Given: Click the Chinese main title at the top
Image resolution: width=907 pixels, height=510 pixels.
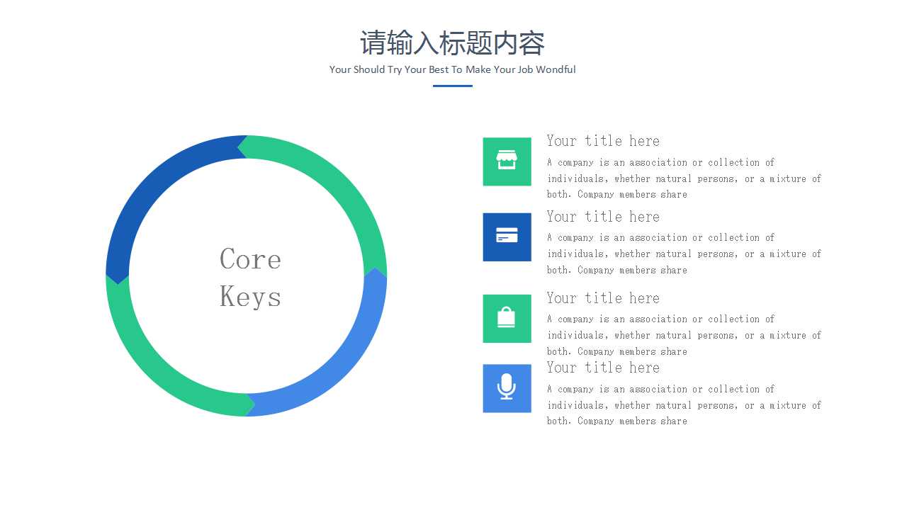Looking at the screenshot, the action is coord(452,43).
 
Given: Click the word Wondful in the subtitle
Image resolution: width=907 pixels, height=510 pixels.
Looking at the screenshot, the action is coord(556,69).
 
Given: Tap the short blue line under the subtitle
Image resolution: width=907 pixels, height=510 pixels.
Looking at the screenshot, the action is coord(452,86).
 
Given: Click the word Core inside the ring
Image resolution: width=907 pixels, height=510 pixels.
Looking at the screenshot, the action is coord(250,259).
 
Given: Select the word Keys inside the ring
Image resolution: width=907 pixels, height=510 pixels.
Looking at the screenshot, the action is coord(250,297).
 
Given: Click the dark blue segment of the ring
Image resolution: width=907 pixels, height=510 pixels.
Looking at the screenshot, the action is coord(162,191).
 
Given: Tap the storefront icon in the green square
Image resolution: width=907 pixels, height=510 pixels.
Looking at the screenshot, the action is coord(507,160).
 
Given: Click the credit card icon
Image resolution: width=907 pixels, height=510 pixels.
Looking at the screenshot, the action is coord(507,235).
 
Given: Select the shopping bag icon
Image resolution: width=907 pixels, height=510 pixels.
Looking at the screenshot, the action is coord(506,317).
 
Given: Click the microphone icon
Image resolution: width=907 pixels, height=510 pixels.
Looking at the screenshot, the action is coord(507,387).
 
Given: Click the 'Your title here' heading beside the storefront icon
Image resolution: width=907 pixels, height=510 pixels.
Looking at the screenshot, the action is coord(603,141).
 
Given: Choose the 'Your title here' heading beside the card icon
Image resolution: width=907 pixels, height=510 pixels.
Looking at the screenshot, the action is coord(603,217).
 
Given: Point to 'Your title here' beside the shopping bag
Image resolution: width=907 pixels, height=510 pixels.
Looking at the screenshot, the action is coord(603,298).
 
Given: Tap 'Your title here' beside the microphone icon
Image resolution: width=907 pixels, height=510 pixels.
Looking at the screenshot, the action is coord(603,368).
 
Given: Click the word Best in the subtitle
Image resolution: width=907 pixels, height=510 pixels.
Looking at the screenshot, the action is coord(439,69).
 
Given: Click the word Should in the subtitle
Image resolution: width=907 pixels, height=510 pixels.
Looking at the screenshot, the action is coord(369,69).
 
